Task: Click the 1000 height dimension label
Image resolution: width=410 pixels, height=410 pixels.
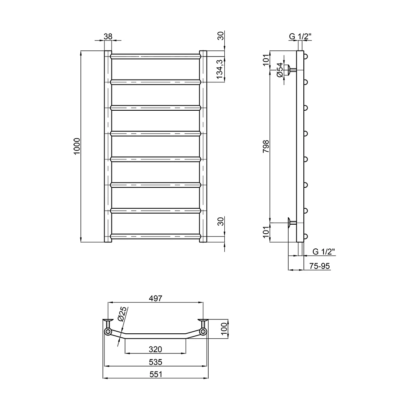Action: tap(77, 146)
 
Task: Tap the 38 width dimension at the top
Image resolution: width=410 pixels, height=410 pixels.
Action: tap(108, 36)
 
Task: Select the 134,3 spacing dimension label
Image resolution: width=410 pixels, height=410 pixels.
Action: tap(219, 69)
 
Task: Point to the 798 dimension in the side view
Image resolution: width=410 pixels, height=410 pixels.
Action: tap(266, 146)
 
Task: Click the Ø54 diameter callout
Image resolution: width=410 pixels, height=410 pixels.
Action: tap(280, 70)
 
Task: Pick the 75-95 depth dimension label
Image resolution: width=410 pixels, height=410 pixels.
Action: tap(319, 266)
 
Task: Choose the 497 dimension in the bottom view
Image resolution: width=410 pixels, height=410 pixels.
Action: tap(155, 298)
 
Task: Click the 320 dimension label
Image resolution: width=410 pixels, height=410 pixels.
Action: tap(155, 349)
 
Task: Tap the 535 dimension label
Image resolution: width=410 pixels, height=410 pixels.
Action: tap(155, 362)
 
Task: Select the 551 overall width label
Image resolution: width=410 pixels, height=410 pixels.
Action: tap(155, 374)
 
